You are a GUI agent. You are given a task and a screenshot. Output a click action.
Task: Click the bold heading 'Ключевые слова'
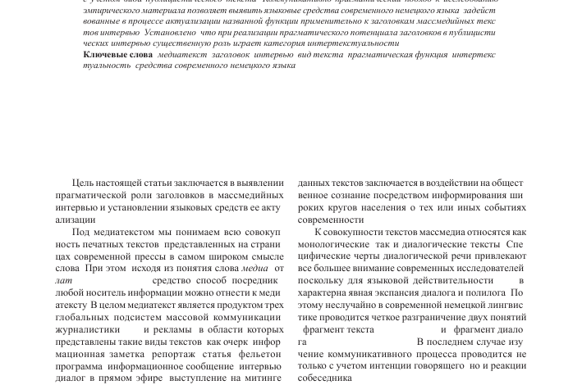tap(117, 55)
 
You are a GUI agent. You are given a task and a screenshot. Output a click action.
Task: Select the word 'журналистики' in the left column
tap(89, 329)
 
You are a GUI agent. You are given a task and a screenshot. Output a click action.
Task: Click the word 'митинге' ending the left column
tap(263, 378)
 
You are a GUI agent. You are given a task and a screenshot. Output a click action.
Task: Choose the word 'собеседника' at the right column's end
tap(324, 378)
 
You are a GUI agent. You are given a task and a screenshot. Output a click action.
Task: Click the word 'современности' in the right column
tap(328, 220)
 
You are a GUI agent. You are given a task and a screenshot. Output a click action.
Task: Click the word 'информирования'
tap(465, 196)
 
